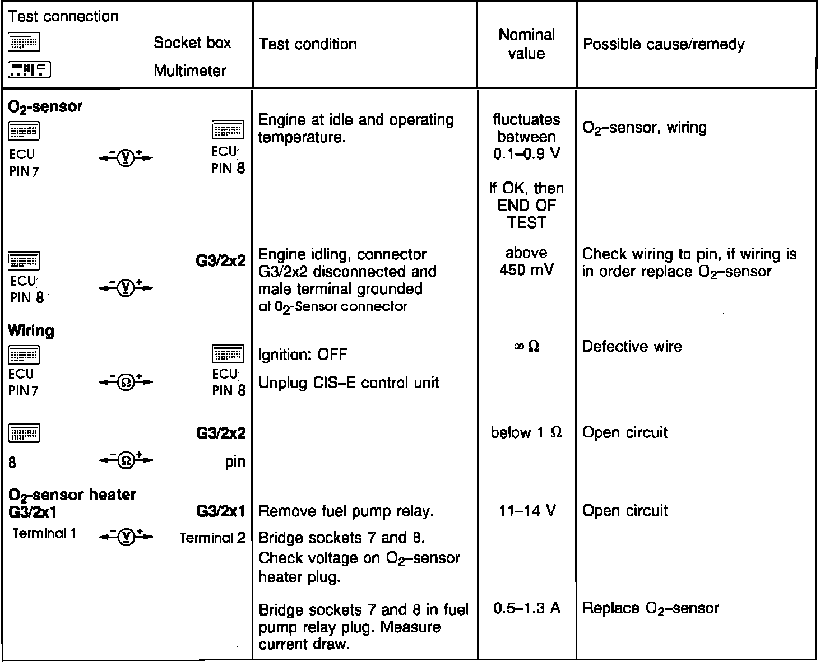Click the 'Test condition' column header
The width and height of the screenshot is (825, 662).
308,44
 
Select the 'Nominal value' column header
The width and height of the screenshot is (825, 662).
526,44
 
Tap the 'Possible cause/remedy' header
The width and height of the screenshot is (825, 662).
664,44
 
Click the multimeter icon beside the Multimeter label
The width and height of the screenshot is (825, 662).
29,70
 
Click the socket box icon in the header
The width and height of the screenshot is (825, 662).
24,43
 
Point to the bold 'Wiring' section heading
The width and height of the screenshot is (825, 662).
31,330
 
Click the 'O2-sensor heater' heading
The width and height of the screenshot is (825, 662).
72,495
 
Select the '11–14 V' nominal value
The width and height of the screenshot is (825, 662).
527,510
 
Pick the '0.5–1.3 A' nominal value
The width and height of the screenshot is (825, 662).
527,608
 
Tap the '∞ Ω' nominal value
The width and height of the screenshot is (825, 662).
526,347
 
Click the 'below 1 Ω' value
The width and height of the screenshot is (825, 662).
526,432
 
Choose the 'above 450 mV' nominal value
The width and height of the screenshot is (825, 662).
526,262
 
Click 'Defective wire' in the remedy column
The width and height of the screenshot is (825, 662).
632,347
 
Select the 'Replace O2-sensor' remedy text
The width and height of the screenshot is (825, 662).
650,608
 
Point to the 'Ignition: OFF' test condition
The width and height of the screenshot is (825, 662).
302,355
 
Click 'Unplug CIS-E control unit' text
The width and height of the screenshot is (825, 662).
348,383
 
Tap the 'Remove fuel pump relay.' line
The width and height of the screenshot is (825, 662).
346,511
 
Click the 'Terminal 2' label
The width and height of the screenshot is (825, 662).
212,538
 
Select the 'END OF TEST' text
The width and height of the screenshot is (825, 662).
526,214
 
